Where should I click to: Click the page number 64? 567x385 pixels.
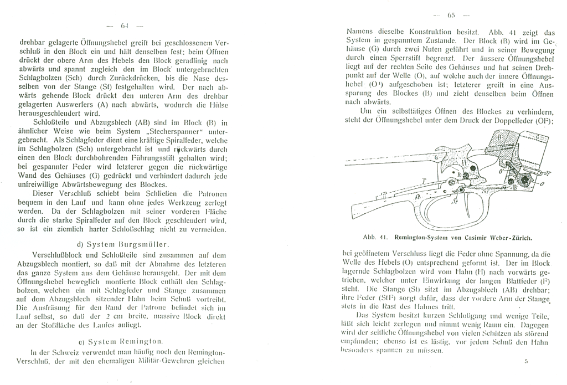[123, 25]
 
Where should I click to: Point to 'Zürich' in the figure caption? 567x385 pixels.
[517, 239]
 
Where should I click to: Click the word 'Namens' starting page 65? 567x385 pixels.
[358, 32]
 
